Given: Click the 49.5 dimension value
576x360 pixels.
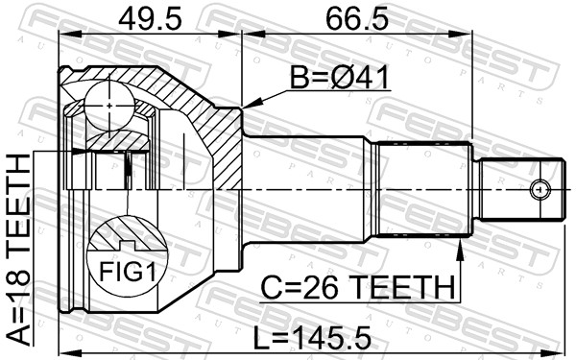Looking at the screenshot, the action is tap(150, 19).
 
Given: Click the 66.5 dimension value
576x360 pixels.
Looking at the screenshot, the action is tap(357, 19).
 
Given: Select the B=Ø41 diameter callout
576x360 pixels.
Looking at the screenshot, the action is tap(340, 78).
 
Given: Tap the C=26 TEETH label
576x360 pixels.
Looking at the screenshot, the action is tap(357, 288).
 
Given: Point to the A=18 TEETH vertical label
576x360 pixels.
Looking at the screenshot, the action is tap(18, 250).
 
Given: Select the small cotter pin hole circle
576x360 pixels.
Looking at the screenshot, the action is tap(540, 190).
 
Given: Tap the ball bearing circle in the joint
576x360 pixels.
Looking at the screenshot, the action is tap(109, 106).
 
